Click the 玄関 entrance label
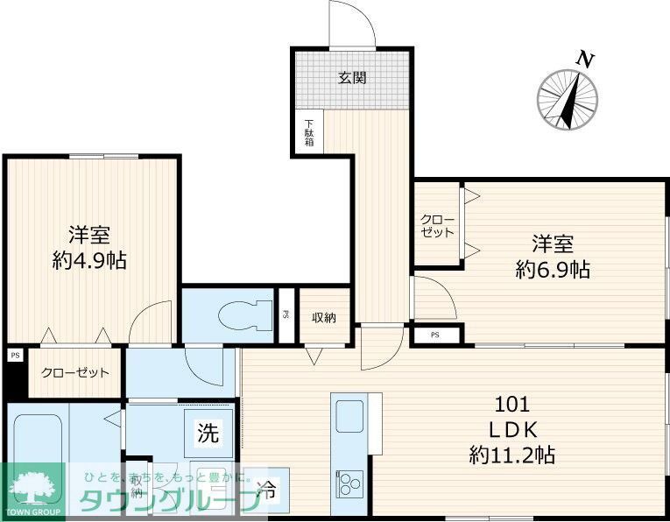point(352,78)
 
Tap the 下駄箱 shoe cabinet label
point(308,132)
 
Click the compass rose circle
point(568,99)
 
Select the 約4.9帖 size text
point(89,260)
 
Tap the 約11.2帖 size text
point(511,455)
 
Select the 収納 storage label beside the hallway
point(325,317)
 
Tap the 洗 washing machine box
point(207,432)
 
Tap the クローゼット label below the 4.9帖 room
point(75,372)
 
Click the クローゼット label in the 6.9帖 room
point(437,226)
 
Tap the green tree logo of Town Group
point(32,486)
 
